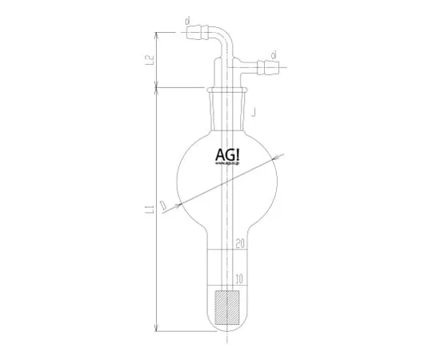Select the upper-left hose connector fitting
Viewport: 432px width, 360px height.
(x=192, y=35)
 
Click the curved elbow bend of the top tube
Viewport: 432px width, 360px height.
(x=225, y=40)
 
